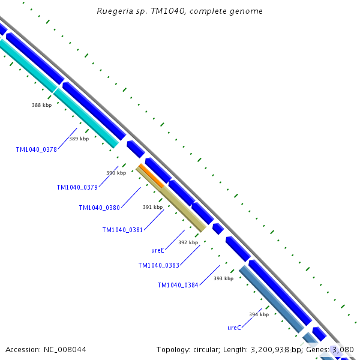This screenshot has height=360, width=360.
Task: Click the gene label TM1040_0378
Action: [x=37, y=149]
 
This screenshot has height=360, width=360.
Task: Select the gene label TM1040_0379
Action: [x=77, y=187]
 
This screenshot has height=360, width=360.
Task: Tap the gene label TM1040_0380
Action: [x=100, y=208]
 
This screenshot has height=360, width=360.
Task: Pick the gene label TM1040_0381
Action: [x=122, y=230]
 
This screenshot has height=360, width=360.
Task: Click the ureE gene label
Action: [x=158, y=250]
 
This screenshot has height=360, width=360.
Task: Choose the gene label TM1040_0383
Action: [x=158, y=265]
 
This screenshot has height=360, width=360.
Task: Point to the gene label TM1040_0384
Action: [x=178, y=285]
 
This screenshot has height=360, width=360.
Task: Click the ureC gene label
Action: [x=234, y=328]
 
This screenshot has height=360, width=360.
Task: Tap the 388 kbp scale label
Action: [x=41, y=105]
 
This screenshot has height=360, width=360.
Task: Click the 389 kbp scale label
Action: [x=79, y=139]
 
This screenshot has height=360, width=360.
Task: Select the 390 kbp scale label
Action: [x=116, y=173]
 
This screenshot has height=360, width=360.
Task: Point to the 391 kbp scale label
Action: [x=152, y=207]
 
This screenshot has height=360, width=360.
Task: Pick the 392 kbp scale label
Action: [x=188, y=242]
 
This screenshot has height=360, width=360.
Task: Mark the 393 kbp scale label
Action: [x=223, y=278]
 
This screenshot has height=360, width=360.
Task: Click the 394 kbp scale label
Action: [x=259, y=314]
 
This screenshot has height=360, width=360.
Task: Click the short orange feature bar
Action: [x=151, y=175]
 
